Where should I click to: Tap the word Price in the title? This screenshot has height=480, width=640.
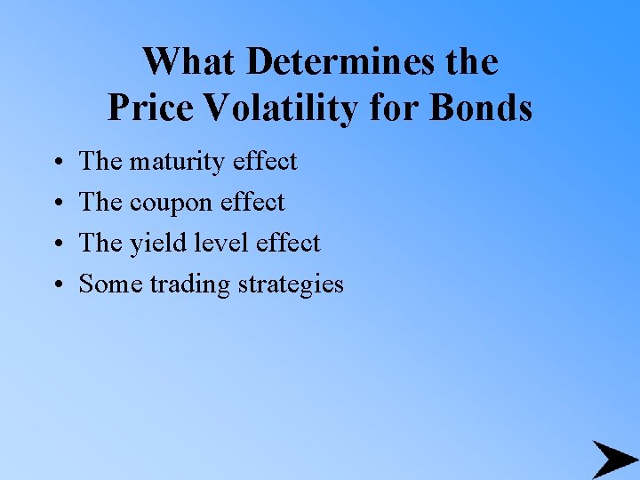pos(149,108)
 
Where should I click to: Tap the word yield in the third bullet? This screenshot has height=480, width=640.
pos(153,244)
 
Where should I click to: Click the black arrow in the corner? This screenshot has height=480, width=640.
pos(613,459)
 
